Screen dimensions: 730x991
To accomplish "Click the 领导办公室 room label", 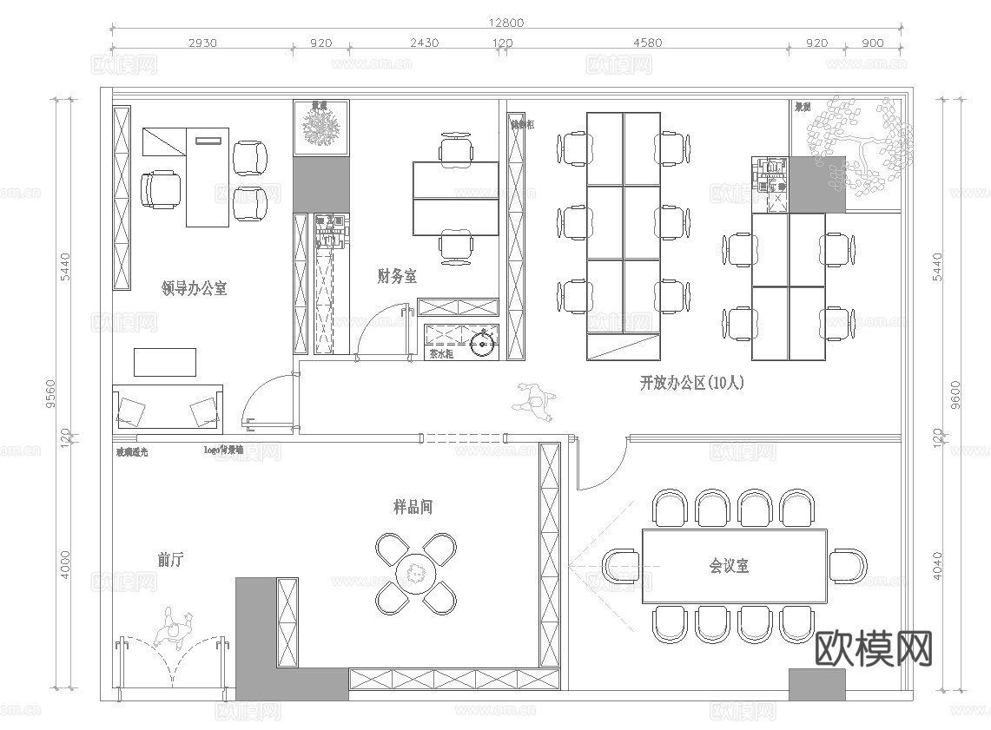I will [195, 288].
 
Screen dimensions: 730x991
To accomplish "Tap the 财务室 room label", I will [397, 277].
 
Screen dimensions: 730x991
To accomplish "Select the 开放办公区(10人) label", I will [691, 382].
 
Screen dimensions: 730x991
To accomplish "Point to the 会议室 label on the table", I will [730, 566].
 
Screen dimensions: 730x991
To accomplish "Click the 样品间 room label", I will [413, 507].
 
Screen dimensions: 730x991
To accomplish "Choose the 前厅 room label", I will [170, 560].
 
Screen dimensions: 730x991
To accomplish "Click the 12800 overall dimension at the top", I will [506, 23].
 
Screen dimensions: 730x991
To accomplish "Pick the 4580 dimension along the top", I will [647, 43].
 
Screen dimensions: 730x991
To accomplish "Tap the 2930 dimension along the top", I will [202, 43].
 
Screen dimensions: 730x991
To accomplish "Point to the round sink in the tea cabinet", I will [481, 345].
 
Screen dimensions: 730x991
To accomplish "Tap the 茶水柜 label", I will [442, 354].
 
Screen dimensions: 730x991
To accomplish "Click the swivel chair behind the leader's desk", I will [162, 188].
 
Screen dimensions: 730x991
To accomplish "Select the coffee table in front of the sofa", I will [165, 361].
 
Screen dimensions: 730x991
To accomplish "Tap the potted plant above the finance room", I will [321, 128].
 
